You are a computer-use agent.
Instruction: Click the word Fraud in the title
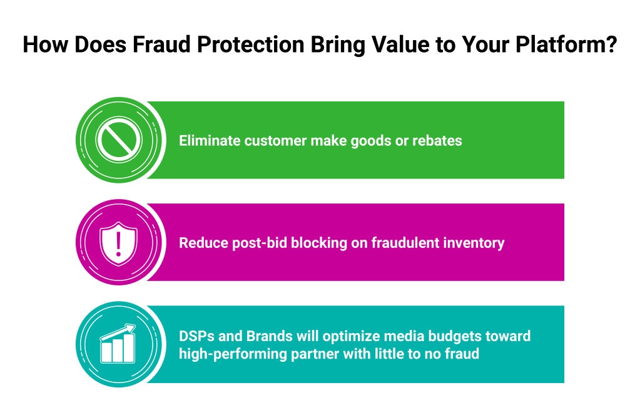[x=161, y=44]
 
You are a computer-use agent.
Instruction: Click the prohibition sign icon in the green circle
[x=119, y=140]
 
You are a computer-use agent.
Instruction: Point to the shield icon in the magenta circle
[x=118, y=243]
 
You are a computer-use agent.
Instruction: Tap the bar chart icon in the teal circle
[x=118, y=344]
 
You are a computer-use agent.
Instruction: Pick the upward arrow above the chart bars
[x=118, y=332]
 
